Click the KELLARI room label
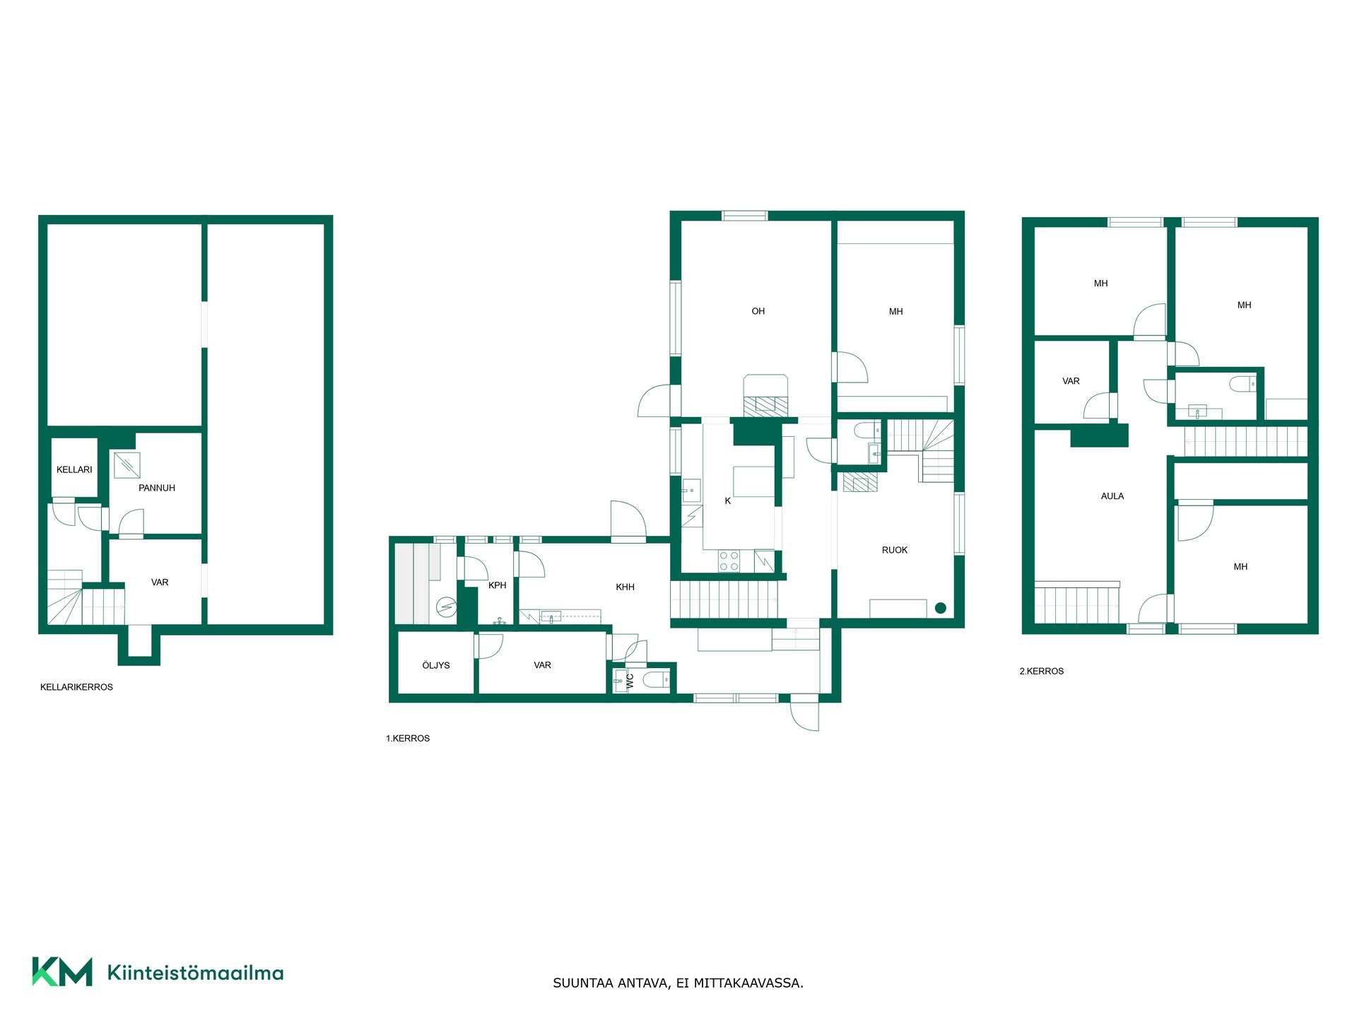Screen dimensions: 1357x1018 [74, 469]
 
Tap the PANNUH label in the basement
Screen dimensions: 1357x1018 [157, 488]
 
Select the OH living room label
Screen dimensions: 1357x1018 [758, 311]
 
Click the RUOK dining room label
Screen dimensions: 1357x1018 [895, 550]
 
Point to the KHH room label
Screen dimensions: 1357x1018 [625, 587]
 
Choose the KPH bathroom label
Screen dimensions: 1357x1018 [498, 585]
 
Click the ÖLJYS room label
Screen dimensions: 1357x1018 [436, 665]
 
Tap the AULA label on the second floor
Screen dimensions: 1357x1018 [1112, 496]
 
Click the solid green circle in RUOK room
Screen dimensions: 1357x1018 [941, 608]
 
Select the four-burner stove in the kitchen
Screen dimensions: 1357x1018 [729, 561]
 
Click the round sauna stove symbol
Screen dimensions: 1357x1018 [447, 607]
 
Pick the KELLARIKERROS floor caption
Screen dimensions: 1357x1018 [76, 687]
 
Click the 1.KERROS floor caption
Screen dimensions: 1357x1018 [408, 738]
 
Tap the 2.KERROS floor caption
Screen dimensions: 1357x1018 [1042, 671]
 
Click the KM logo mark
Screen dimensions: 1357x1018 [62, 971]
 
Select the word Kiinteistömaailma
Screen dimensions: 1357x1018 [196, 973]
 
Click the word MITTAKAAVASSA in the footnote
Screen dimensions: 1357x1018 [748, 983]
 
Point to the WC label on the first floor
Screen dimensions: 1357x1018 [630, 681]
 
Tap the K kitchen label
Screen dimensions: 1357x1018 [728, 501]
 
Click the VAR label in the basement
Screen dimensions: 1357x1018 [160, 583]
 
